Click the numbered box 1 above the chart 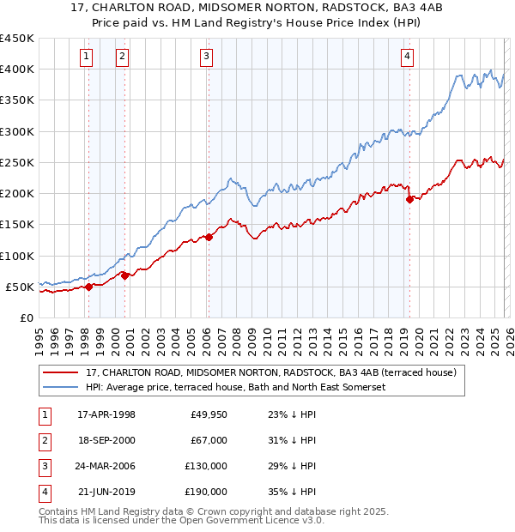pyautogui.click(x=88, y=57)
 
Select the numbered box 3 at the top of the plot pyautogui.click(x=207, y=57)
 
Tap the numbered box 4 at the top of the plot pyautogui.click(x=407, y=57)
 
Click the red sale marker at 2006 pyautogui.click(x=209, y=237)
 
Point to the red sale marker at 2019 pyautogui.click(x=409, y=200)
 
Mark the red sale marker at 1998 pyautogui.click(x=88, y=287)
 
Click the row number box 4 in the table pyautogui.click(x=43, y=492)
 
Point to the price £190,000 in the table pyautogui.click(x=206, y=492)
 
